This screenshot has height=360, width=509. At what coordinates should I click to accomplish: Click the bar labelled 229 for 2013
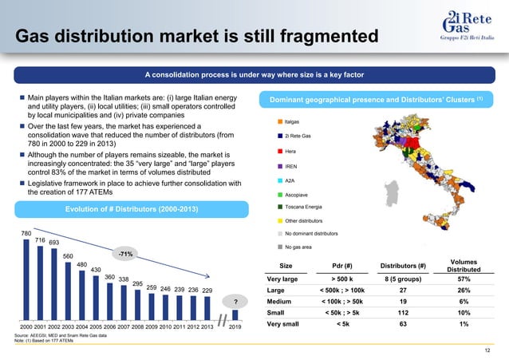207,307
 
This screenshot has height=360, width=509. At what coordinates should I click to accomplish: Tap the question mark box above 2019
235,301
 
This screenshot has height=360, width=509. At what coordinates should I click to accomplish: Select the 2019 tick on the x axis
235,327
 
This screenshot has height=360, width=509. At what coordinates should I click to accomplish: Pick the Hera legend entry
290,151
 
